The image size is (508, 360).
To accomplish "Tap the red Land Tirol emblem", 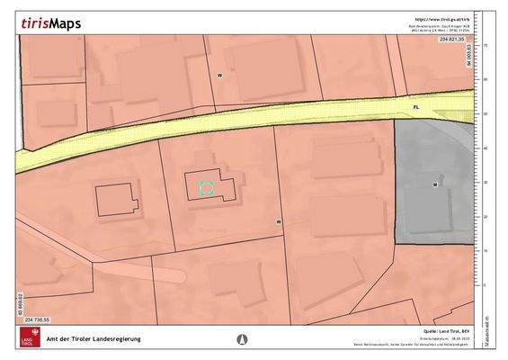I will (28, 337).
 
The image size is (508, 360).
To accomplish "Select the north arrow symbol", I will (241, 338).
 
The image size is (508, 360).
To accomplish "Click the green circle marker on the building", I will (206, 188).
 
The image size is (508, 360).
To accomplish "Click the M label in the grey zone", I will (434, 184).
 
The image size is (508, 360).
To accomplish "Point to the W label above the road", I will (219, 76).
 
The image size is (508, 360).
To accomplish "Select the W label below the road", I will (279, 221).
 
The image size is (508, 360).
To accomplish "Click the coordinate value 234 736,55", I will (41, 319).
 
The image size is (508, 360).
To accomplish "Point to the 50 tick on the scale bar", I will (485, 113).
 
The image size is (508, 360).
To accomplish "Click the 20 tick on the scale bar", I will (485, 217).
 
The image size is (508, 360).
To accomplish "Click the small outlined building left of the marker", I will (117, 198).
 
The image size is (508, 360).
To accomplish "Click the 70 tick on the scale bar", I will (485, 44).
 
